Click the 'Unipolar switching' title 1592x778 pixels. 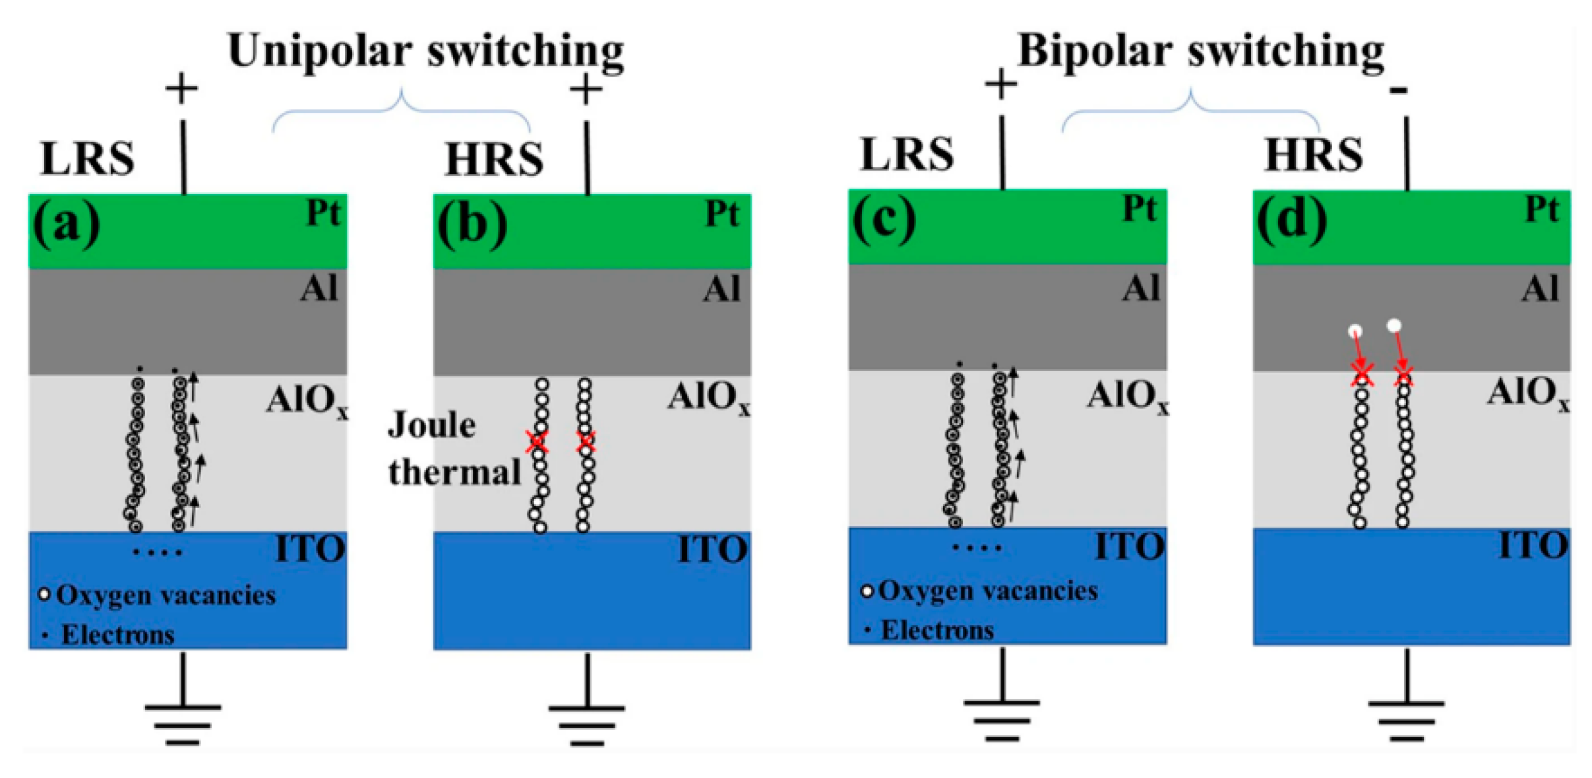coord(425,51)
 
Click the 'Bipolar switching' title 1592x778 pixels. coord(1200,51)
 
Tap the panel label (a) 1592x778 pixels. coord(67,223)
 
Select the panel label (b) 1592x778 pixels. coord(472,223)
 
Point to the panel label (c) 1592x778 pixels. coord(884,218)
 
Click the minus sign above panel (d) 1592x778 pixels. coord(1398,90)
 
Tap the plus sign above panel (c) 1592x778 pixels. coord(1000,84)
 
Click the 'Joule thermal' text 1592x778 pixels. coord(454,449)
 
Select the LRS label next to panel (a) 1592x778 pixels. coord(88,158)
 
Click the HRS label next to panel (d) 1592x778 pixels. coord(1313,154)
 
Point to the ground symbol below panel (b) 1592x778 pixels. coord(586,723)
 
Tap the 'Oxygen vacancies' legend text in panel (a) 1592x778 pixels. coord(166,595)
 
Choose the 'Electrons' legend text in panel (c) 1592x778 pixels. coord(937,630)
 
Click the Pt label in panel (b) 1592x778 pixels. coord(722,213)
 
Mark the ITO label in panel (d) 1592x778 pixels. coord(1533,546)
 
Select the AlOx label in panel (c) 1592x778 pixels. coord(1126,396)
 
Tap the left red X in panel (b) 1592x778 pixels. coord(537,441)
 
